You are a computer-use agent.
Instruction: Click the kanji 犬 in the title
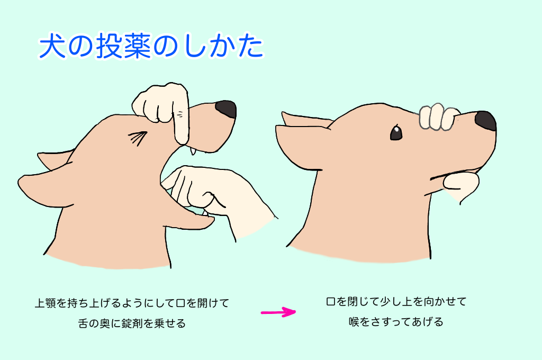(x=52, y=46)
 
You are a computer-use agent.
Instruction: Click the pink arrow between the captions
(x=278, y=312)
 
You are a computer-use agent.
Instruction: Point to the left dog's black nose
(x=226, y=109)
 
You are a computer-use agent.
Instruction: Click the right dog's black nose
(x=486, y=121)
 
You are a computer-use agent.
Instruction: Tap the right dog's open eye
(x=396, y=132)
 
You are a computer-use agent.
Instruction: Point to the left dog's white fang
(x=193, y=151)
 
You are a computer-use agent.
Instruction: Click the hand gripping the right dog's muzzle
(x=438, y=116)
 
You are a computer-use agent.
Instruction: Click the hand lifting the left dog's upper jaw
(x=162, y=111)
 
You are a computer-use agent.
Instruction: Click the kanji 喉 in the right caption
(x=354, y=322)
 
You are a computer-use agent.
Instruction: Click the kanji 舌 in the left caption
(x=84, y=323)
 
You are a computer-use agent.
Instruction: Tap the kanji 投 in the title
(x=109, y=47)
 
